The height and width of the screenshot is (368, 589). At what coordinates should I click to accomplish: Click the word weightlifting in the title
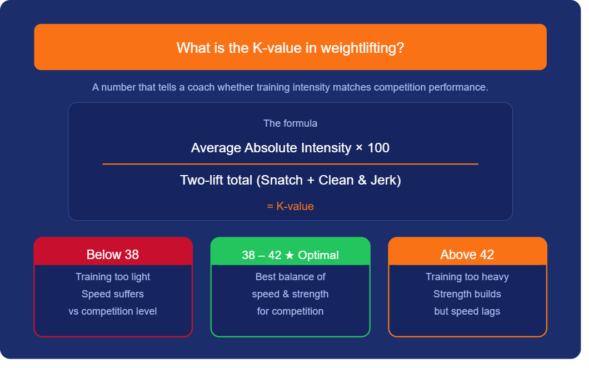tap(360, 48)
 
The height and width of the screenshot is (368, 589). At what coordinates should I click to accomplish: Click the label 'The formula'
tap(290, 123)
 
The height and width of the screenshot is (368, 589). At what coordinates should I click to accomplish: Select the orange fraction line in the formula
tap(290, 164)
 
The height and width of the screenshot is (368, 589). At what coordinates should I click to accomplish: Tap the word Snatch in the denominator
tap(279, 180)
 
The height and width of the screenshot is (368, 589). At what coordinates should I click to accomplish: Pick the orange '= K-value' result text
tap(290, 206)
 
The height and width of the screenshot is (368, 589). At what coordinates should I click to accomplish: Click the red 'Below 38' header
tap(113, 255)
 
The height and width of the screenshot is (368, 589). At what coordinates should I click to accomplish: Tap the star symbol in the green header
tap(289, 255)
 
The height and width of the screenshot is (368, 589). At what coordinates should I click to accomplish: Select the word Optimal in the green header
tap(318, 255)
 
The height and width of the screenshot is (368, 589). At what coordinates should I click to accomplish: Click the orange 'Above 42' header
tap(467, 255)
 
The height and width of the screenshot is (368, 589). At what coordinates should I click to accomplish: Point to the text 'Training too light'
tap(113, 277)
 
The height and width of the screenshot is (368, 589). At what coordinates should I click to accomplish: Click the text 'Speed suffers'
tap(113, 294)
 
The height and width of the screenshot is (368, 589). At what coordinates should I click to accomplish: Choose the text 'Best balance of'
tap(290, 277)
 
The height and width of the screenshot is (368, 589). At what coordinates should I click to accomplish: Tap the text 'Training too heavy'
tap(467, 277)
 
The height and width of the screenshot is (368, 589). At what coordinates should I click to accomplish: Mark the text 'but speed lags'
tap(467, 311)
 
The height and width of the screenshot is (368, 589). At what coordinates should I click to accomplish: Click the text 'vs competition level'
tap(113, 311)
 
